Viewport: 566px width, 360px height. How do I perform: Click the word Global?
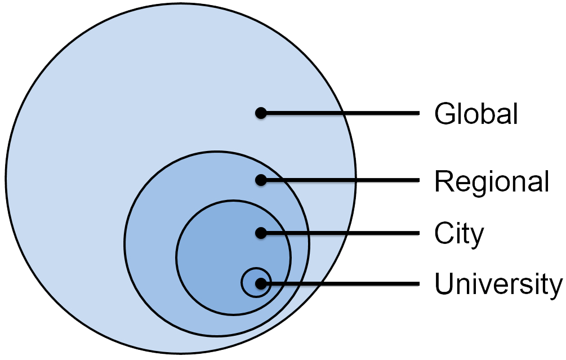[476, 114]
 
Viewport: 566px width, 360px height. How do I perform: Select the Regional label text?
[491, 181]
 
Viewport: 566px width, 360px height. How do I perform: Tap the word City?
[458, 233]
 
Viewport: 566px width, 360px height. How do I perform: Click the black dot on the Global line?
[260, 113]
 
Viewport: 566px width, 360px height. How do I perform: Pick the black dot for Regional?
[260, 180]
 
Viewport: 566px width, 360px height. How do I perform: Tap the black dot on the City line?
[260, 232]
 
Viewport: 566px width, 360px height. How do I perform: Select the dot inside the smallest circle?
[260, 283]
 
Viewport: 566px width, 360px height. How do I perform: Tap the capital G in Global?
[444, 114]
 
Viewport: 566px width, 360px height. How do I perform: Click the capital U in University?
[444, 283]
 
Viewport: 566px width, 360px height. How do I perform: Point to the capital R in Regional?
[444, 181]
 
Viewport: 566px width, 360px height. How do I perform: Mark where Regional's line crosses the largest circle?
[355, 180]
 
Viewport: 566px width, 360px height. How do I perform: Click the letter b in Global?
[487, 114]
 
